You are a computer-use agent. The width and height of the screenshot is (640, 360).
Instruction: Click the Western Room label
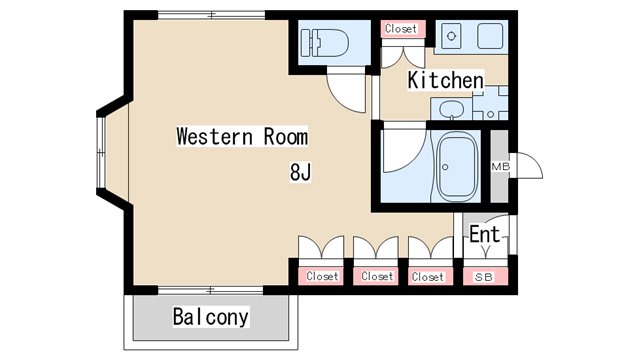pos(242,136)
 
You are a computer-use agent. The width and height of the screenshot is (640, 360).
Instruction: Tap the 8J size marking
pos(300,172)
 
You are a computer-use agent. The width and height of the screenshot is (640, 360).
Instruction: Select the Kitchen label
pos(446,80)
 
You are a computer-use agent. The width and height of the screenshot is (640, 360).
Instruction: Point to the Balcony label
pos(211,317)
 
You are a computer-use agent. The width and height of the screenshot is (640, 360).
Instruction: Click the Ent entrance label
pos(484,234)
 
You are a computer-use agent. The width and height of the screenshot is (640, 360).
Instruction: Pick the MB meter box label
pos(500,167)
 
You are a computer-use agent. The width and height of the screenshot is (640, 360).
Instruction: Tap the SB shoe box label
pos(484,277)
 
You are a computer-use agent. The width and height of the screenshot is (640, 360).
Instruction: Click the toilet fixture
pos(324,42)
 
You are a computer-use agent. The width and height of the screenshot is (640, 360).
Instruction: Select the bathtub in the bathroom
pos(457,167)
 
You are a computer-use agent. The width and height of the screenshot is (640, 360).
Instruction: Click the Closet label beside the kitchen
pos(401,29)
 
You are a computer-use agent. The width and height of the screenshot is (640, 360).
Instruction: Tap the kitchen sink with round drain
pos(451,36)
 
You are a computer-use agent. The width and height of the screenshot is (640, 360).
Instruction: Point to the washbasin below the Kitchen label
pos(451,109)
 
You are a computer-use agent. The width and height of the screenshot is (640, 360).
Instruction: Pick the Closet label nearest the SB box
pos(427,277)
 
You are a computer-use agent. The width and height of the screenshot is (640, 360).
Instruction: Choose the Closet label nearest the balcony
pos(322,276)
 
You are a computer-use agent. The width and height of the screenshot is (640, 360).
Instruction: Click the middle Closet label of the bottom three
pos(377,276)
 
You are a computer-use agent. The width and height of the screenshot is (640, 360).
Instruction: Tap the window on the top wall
pos(211,15)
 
